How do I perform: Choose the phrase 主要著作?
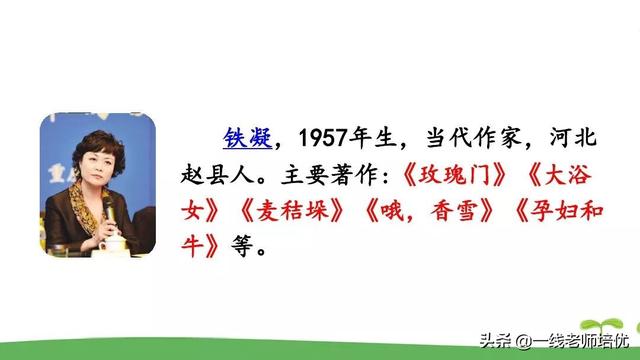[318, 175]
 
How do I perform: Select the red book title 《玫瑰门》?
[432, 175]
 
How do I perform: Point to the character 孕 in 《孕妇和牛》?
[540, 211]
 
